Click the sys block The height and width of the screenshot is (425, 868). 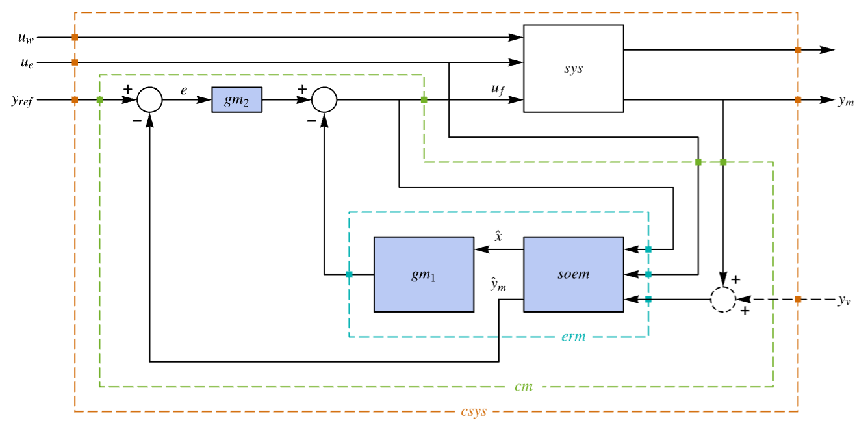click(x=574, y=69)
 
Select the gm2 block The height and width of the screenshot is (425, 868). click(x=236, y=100)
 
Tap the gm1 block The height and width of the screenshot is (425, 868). click(x=424, y=274)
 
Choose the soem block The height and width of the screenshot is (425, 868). click(x=574, y=274)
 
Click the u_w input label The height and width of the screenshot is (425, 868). click(x=26, y=38)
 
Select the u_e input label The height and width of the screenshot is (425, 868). click(x=27, y=63)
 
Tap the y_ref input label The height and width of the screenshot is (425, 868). click(x=22, y=101)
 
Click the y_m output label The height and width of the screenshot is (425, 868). click(x=847, y=101)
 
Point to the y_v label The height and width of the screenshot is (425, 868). click(x=845, y=300)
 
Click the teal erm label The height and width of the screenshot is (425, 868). click(x=574, y=337)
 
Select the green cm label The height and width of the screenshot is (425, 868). click(x=524, y=387)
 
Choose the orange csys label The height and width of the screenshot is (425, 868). click(x=474, y=411)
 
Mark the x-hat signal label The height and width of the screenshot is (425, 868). click(x=498, y=236)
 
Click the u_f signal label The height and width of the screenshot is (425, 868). click(x=498, y=89)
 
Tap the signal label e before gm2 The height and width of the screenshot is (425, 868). click(x=184, y=90)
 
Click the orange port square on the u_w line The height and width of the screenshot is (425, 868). click(x=75, y=38)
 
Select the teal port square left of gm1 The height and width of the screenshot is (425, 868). click(x=349, y=275)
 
